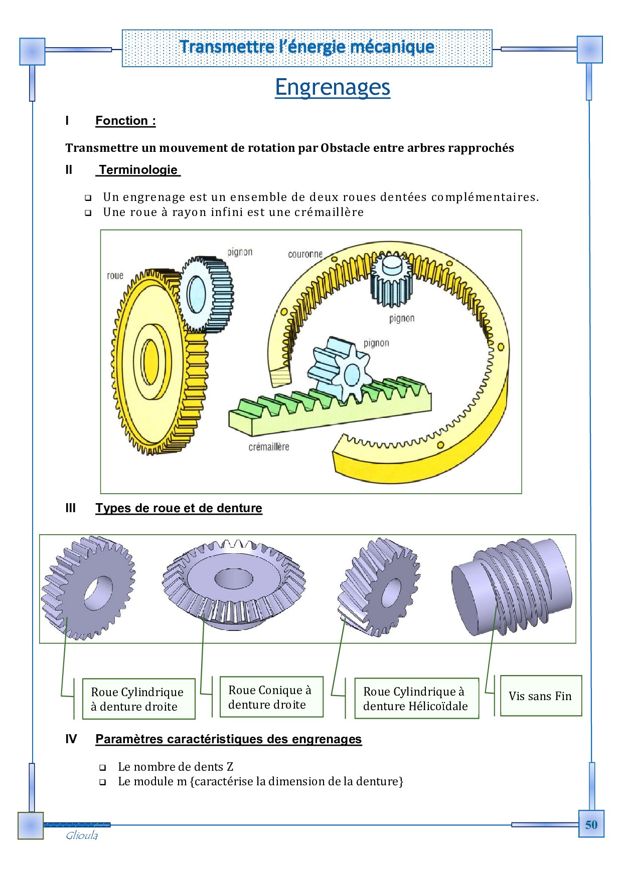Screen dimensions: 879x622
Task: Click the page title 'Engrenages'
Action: tap(332, 87)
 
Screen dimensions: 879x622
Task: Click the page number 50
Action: tap(591, 824)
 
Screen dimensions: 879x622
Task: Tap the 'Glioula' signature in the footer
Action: tap(82, 835)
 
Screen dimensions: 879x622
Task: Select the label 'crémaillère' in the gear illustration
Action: tap(269, 447)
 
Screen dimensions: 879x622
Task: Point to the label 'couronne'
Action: tap(305, 254)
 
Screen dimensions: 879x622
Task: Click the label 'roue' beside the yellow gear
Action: tap(115, 276)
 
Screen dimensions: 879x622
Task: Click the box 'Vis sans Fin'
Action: tap(540, 696)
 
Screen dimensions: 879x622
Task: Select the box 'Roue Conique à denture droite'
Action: tap(270, 697)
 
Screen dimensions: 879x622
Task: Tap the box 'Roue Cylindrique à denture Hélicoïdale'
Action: tap(415, 699)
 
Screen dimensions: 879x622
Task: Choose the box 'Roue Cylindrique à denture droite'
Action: tap(137, 699)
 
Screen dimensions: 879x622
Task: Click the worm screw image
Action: tap(512, 586)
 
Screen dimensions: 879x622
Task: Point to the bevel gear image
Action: tap(234, 584)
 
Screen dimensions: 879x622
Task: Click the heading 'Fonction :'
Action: tap(125, 121)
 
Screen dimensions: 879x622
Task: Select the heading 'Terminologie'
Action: tap(138, 170)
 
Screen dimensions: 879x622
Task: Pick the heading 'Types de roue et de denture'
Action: tap(179, 508)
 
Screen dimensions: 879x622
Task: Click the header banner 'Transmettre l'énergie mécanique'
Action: tap(307, 48)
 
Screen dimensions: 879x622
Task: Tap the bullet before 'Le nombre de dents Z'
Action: tap(103, 767)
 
